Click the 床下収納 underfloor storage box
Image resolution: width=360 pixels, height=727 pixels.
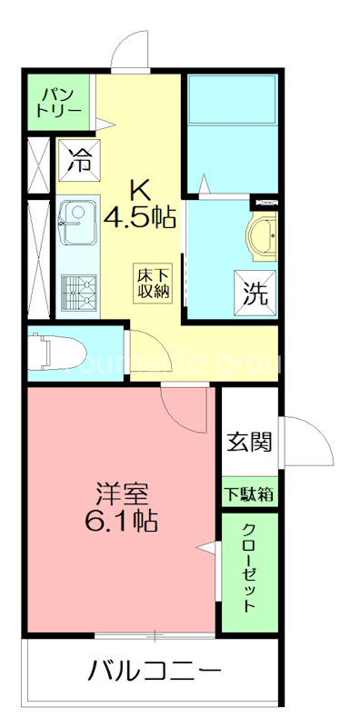[x=154, y=282]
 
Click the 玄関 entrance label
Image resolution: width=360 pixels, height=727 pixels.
[x=248, y=443]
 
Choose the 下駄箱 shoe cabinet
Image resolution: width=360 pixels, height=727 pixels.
[x=249, y=494]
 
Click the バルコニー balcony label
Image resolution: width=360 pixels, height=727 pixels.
[x=155, y=673]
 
